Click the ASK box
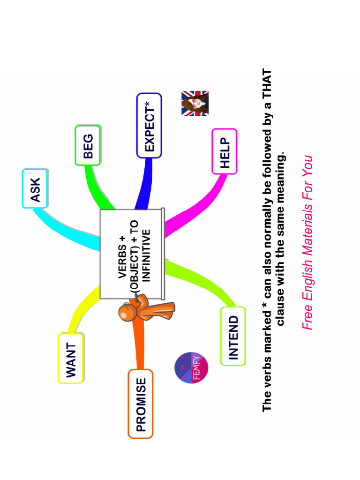pos(35,188)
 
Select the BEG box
pos(88,145)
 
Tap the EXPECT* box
pos(149,125)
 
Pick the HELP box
pos(225,151)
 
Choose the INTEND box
pos(233,336)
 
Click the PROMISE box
pos(141,404)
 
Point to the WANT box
pos(71,359)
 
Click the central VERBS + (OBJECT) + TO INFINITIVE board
pos(132,253)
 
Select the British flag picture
pos(195,103)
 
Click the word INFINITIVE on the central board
pos(146,255)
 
